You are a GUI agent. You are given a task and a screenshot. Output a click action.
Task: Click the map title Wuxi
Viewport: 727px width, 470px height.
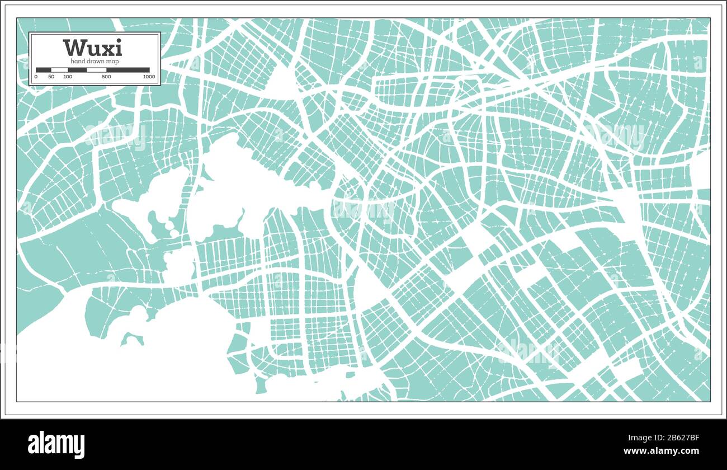point(92,48)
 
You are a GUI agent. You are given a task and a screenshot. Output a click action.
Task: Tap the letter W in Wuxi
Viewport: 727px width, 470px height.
point(74,48)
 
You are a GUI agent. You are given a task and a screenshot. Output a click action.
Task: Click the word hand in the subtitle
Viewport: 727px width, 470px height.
point(77,60)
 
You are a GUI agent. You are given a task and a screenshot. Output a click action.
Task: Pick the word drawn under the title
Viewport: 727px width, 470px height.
point(95,60)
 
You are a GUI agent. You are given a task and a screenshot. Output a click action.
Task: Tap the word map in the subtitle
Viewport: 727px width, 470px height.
point(112,60)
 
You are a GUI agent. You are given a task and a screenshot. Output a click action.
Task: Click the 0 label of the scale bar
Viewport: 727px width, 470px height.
point(36,77)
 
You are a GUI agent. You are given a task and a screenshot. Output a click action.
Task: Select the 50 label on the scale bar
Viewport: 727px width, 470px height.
point(51,77)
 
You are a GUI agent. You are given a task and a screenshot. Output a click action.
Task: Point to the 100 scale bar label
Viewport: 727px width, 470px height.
point(68,77)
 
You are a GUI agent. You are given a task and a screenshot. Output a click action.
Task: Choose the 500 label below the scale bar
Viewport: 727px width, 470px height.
point(106,77)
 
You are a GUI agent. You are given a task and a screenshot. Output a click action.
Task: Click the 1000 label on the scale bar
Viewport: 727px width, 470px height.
point(149,77)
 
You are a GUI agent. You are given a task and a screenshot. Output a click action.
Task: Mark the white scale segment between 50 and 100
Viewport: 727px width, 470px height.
point(59,70)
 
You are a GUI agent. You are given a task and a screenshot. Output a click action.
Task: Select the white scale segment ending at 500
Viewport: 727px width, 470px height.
point(96,70)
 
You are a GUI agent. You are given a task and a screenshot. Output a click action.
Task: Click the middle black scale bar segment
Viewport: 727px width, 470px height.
point(77,70)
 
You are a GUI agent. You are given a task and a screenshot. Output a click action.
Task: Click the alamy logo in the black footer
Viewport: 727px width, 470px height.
point(56,444)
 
